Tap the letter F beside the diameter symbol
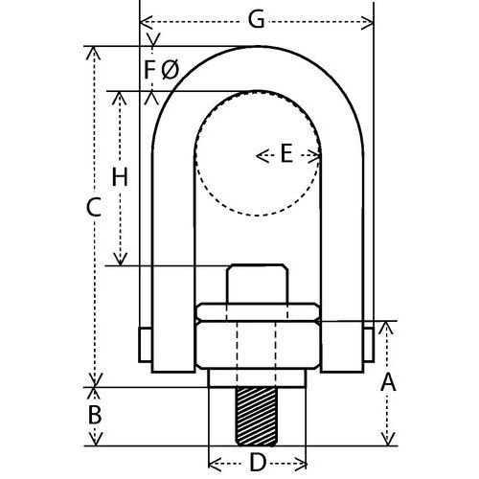point(149,69)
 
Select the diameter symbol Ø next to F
point(170,69)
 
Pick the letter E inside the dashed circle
point(285,154)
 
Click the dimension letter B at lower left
point(95,416)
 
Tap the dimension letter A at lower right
point(388,383)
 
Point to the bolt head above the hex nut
point(257,284)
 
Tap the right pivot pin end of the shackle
point(369,342)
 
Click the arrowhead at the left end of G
point(145,20)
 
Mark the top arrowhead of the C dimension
point(95,51)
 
